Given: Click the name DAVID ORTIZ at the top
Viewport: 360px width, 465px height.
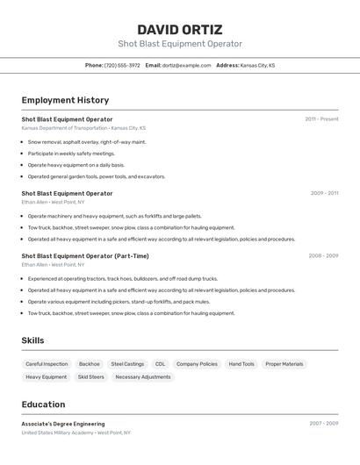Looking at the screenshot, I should point(180,29).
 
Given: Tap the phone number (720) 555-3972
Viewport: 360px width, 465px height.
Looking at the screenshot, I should point(122,65).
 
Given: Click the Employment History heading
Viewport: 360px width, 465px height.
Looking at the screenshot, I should point(65,100).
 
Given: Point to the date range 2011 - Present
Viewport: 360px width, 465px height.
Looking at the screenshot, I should point(321,118).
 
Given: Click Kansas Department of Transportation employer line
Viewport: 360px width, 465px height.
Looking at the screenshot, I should point(83,128).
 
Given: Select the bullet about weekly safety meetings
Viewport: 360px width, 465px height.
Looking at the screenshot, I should point(71,153).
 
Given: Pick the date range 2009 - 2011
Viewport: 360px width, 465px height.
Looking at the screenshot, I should point(324,192).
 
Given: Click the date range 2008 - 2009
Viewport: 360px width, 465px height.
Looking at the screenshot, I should point(323,255).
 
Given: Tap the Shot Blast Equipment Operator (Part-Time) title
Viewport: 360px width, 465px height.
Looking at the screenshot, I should point(85,256).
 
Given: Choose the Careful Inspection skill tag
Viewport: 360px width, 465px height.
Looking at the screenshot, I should point(47,364).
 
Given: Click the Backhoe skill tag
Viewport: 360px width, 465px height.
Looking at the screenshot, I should point(90,364).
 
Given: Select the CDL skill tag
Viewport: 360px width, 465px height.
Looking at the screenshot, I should point(160,364).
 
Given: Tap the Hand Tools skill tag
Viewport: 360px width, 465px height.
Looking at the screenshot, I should point(241,364).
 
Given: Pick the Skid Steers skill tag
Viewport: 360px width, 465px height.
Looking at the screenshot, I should point(90,377).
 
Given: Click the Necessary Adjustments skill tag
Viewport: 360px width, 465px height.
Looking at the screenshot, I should point(143,377).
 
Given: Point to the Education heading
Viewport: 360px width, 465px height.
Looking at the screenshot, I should point(43,404).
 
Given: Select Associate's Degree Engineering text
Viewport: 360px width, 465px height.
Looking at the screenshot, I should point(63,424).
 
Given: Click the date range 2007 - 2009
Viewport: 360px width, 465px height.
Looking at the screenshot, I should point(323,423).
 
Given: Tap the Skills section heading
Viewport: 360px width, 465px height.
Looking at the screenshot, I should point(32,340).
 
